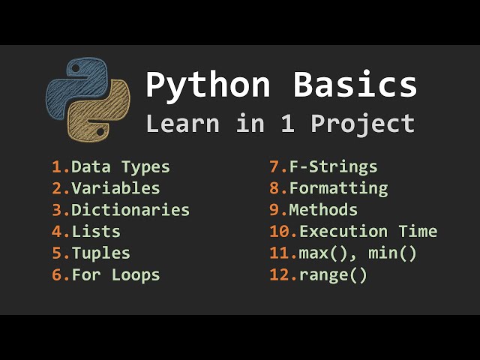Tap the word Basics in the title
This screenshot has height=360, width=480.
tap(355, 85)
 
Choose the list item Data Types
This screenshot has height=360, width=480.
tap(121, 167)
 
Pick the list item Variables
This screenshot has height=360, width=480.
tap(115, 188)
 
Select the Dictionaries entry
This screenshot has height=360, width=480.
tap(130, 210)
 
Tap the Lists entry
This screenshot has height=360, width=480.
tap(96, 232)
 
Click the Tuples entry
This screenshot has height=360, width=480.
tap(101, 253)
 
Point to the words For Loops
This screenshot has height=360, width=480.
tap(115, 275)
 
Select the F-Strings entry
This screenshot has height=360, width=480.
tap(333, 167)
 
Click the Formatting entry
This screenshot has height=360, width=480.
tap(338, 188)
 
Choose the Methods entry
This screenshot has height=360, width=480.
tap(323, 210)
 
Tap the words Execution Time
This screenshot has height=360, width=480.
tap(368, 232)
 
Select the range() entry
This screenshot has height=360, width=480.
tap(333, 275)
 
